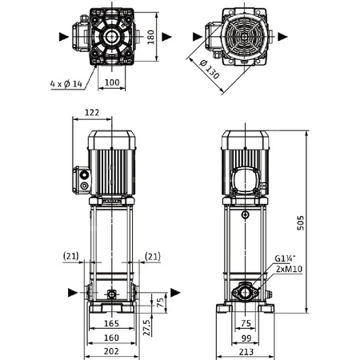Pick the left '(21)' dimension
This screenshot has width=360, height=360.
click(70, 256)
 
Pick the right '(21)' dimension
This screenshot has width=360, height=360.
click(153, 256)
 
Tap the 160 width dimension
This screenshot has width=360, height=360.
click(110, 338)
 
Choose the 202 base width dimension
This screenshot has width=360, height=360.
click(110, 350)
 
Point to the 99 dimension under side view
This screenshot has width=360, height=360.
click(246, 338)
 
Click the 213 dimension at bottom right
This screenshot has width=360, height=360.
click(246, 350)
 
